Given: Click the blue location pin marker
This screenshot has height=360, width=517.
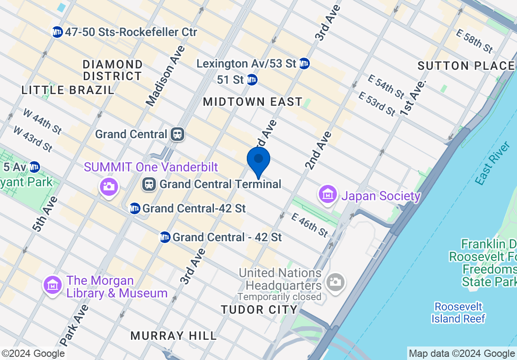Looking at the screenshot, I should coord(258,161).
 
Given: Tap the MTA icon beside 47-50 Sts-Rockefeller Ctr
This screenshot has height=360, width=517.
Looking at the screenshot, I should coord(57,32).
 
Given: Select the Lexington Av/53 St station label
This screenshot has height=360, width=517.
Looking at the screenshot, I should coord(246,63).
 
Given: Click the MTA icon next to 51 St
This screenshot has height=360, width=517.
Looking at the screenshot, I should coord(252,80).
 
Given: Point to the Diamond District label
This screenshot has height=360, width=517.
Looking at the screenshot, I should coord(113,70).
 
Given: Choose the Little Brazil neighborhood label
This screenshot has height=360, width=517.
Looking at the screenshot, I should coord(68,90).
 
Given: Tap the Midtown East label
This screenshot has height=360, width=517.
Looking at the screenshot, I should coord(253,102).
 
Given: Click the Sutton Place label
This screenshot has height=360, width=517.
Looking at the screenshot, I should coord(466,66).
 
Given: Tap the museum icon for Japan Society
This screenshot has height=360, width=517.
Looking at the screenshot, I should coord(328,194).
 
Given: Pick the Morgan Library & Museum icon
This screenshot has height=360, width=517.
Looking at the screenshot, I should coord(53,285).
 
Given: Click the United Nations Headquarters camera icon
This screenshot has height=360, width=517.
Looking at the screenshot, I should coord(336,283).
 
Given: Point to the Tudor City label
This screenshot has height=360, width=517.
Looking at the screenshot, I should coord(259,310).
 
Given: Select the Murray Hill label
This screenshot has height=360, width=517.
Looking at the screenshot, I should coord(173,336).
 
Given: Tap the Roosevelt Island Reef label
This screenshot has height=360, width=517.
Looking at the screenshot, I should coord(458,313).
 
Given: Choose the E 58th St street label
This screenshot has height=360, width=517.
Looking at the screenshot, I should coord(475,41).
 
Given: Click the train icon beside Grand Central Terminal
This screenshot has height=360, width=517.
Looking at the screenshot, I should coord(149,184).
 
